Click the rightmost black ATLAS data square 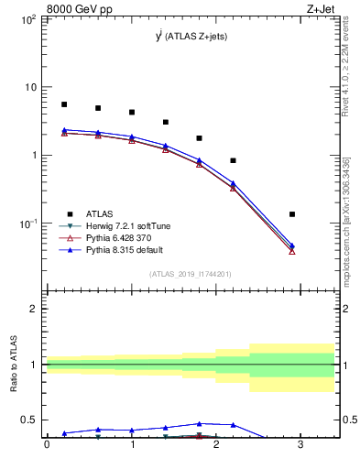click(292, 214)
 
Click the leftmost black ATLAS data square click(64, 104)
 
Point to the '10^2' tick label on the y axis click(27, 19)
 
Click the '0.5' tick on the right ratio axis click(347, 420)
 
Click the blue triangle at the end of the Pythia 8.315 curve click(292, 245)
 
